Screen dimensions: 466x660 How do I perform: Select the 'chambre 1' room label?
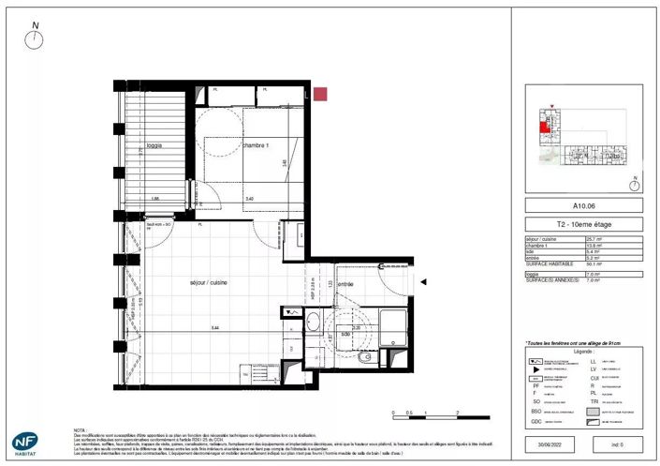click(x=256, y=146)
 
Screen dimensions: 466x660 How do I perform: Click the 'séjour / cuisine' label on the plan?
click(x=208, y=281)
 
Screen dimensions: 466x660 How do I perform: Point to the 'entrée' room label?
click(x=345, y=283)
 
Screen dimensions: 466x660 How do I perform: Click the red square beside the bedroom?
click(x=320, y=94)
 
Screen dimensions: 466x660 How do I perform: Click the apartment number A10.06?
click(x=582, y=205)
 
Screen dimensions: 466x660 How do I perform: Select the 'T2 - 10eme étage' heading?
click(x=582, y=225)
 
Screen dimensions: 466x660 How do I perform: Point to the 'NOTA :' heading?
click(x=82, y=428)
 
